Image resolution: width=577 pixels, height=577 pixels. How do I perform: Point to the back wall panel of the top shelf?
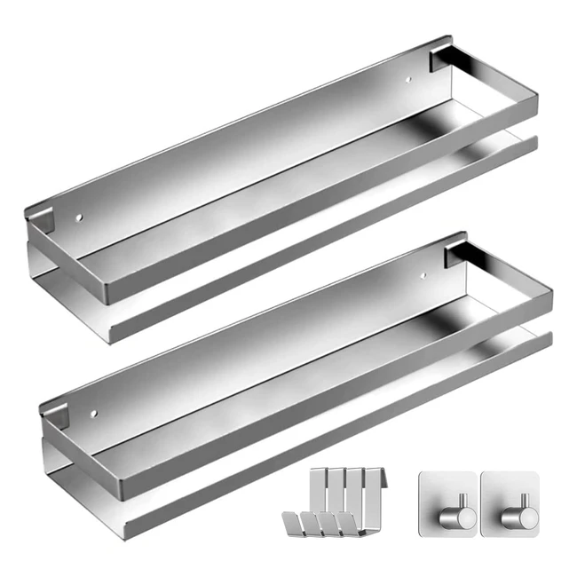[240, 142]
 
